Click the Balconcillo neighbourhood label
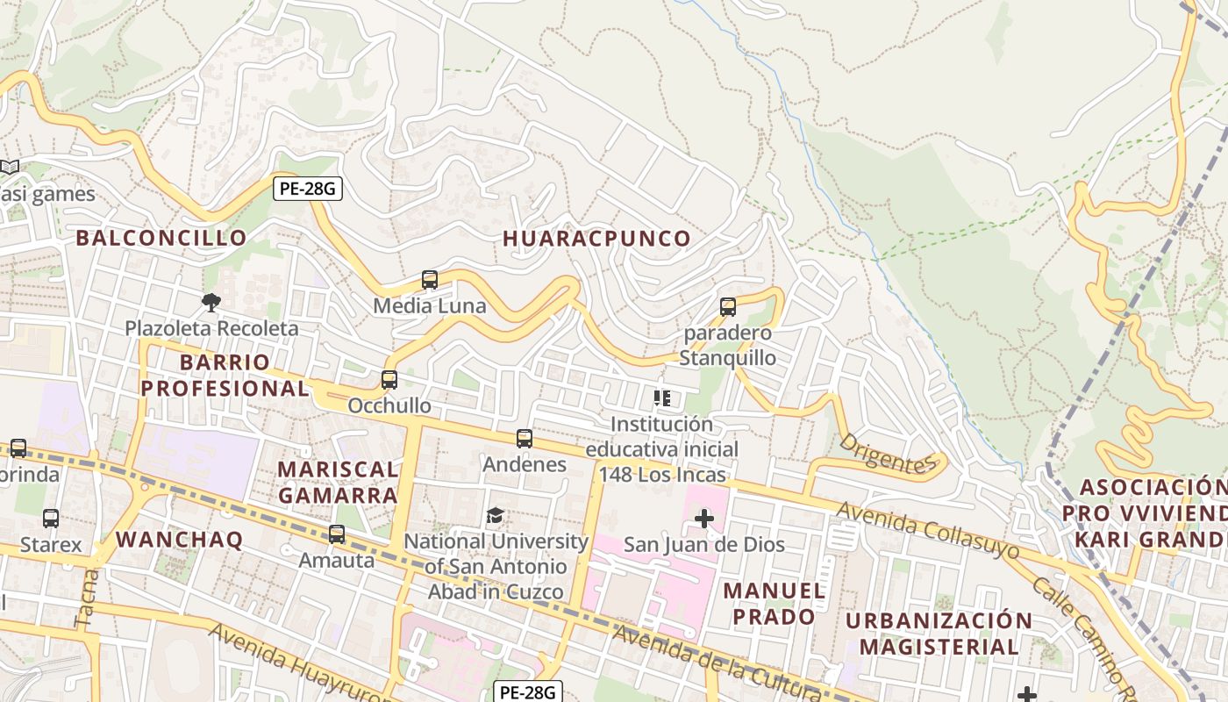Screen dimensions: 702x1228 click(161, 238)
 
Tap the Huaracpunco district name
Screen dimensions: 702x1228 click(597, 239)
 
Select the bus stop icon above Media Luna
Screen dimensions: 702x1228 click(430, 280)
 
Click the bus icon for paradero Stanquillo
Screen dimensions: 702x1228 click(728, 307)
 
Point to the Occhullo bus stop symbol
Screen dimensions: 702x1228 click(389, 380)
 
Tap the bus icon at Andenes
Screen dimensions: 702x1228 click(525, 439)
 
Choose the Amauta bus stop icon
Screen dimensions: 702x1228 click(337, 534)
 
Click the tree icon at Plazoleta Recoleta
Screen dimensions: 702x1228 click(211, 303)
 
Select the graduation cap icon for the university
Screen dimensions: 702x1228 click(496, 515)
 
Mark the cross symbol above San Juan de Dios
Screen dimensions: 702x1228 click(703, 519)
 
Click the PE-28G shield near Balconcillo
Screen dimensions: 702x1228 click(307, 189)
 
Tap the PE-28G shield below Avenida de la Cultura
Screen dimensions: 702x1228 click(526, 692)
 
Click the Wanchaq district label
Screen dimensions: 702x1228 click(179, 540)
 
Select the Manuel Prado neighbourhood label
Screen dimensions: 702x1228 click(775, 604)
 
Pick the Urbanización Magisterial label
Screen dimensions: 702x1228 click(939, 634)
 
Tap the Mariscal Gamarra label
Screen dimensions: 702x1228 click(338, 482)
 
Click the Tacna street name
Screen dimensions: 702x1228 click(88, 598)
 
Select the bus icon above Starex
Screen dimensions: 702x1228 click(51, 519)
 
